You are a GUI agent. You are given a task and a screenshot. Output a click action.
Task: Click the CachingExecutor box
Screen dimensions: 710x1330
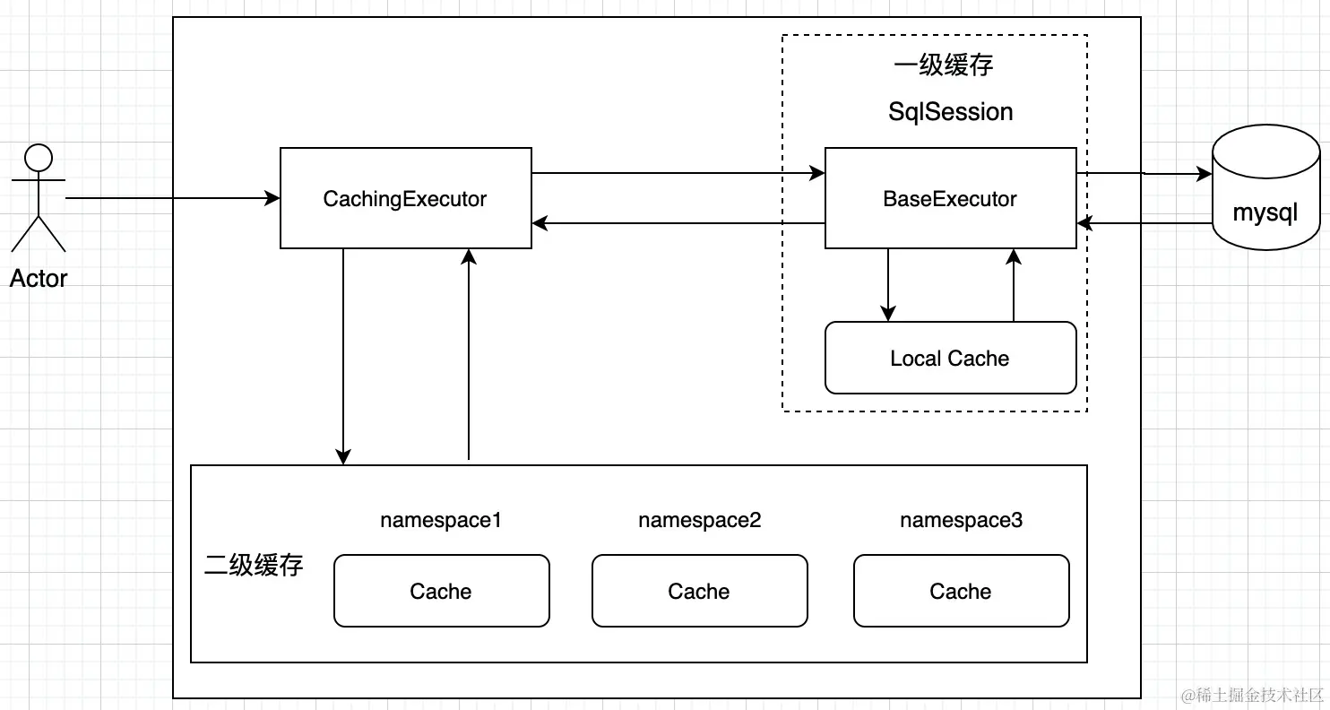click(x=405, y=198)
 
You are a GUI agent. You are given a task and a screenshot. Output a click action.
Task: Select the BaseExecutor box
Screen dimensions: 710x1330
click(x=950, y=198)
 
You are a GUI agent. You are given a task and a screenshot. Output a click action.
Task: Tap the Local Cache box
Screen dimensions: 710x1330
click(x=950, y=358)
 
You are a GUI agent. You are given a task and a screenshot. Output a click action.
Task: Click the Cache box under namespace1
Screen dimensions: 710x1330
click(x=441, y=591)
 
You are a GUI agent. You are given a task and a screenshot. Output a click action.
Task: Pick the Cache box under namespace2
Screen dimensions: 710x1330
click(x=699, y=591)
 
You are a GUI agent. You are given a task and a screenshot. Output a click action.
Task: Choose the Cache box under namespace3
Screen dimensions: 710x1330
click(x=961, y=591)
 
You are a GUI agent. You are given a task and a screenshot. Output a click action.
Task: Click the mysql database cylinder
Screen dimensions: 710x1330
click(x=1265, y=188)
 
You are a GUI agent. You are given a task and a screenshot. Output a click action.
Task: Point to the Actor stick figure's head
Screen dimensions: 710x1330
click(x=39, y=159)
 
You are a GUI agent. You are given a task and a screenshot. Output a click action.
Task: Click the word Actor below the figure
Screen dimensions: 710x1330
click(x=39, y=278)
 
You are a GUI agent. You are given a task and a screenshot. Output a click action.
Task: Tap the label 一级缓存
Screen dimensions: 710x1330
click(x=943, y=65)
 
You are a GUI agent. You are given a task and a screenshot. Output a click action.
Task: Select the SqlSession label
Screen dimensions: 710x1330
click(x=950, y=112)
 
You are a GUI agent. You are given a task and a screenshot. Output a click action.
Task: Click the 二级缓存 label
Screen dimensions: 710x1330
click(x=254, y=565)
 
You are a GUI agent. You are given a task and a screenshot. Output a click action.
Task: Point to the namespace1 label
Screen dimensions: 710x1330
click(x=440, y=520)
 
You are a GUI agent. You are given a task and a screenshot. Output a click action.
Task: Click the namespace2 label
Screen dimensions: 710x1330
click(x=699, y=520)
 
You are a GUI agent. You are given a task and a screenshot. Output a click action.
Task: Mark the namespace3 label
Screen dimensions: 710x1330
click(x=961, y=520)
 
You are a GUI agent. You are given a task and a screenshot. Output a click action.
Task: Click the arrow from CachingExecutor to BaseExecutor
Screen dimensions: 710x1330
click(x=678, y=173)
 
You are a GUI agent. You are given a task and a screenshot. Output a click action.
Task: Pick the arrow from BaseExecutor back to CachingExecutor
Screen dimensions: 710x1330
click(x=678, y=223)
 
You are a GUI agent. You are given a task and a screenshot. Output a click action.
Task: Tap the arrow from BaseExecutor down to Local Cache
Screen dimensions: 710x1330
click(x=887, y=284)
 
